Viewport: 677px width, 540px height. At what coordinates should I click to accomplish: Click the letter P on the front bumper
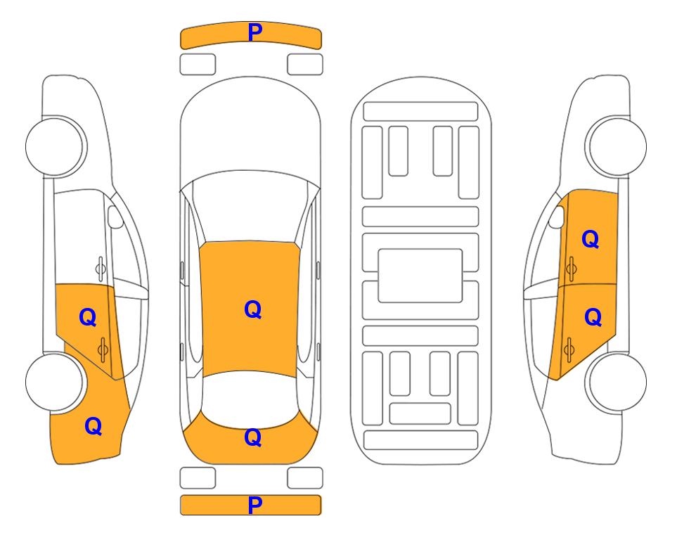tap(255, 32)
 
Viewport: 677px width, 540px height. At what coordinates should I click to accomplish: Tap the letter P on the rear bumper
tap(255, 505)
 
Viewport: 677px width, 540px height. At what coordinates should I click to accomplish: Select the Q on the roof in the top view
tap(253, 309)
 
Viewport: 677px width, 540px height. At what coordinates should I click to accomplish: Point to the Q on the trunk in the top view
tap(253, 437)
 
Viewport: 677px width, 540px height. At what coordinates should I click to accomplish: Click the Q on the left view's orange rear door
tap(88, 317)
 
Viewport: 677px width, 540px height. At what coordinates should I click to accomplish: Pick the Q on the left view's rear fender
tap(94, 426)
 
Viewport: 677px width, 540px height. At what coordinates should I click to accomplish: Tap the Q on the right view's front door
tap(591, 239)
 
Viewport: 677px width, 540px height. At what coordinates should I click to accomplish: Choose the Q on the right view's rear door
tap(593, 317)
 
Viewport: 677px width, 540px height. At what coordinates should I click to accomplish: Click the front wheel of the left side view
tap(54, 146)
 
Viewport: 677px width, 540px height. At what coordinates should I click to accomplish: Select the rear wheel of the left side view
tap(54, 382)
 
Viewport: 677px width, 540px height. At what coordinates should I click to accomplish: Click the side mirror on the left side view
tap(115, 217)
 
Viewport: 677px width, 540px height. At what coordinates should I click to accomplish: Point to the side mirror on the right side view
tap(557, 217)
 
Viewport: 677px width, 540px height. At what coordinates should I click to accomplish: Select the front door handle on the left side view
tap(100, 269)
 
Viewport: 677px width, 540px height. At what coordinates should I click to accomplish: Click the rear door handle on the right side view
tap(569, 350)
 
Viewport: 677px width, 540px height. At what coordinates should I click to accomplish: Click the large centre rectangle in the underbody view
tap(420, 276)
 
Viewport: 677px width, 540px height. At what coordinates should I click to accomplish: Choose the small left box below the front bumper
tap(198, 65)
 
